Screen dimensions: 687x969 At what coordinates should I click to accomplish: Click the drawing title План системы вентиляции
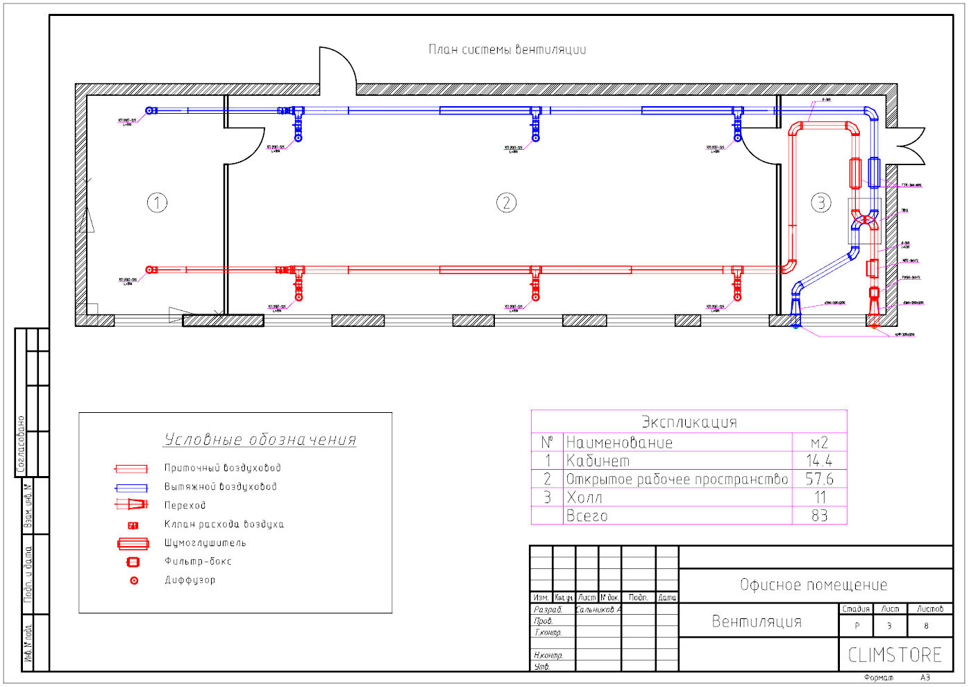click(x=507, y=49)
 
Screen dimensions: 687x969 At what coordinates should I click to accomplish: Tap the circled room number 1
click(x=157, y=203)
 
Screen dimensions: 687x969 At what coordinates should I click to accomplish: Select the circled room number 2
click(x=506, y=203)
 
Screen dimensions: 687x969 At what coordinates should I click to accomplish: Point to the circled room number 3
click(x=821, y=203)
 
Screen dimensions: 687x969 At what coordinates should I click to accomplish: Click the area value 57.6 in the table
click(x=819, y=479)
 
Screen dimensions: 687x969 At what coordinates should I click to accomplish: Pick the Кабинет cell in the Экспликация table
click(x=598, y=461)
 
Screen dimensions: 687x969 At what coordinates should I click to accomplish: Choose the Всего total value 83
click(x=819, y=516)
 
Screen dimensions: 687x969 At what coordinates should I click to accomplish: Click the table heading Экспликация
click(x=689, y=422)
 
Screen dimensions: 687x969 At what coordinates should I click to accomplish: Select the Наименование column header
click(x=619, y=443)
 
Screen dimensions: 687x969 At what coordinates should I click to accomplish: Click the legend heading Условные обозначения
click(x=260, y=439)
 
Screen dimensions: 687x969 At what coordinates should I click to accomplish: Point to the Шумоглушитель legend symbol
click(x=133, y=543)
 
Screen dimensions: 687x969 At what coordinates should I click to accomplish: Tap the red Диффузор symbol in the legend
click(x=134, y=580)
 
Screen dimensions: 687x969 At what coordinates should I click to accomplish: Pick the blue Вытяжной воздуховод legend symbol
click(x=131, y=488)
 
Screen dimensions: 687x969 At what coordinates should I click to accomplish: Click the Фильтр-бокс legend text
click(x=198, y=561)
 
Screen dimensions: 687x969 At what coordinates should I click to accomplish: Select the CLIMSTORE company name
click(x=895, y=654)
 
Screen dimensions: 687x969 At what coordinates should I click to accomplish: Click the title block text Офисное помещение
click(x=814, y=585)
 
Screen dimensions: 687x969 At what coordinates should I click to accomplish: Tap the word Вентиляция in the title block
click(x=757, y=621)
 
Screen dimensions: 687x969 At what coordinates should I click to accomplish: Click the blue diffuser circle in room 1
click(x=149, y=110)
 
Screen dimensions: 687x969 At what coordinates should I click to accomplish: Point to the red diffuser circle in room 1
click(x=149, y=270)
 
